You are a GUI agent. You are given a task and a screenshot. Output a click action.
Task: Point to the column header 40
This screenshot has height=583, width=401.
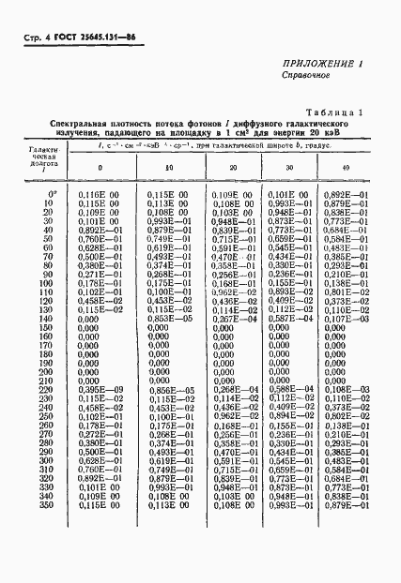tap(345, 167)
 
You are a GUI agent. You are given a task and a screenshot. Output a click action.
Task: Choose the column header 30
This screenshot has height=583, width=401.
tap(288, 167)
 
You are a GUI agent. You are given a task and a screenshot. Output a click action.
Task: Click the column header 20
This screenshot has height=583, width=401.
tap(233, 167)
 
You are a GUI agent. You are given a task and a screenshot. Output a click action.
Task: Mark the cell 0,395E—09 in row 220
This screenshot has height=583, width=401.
tap(100, 390)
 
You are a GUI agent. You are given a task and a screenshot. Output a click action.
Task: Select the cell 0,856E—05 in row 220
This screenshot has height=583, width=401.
tap(169, 390)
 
